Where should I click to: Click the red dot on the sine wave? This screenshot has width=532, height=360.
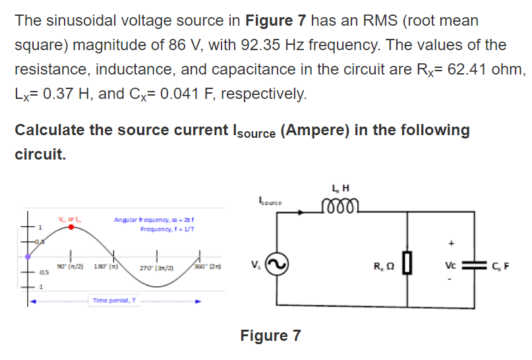pyautogui.click(x=72, y=226)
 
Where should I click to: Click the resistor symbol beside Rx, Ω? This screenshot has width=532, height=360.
pyautogui.click(x=407, y=268)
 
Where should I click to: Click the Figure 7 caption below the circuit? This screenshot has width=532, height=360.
pyautogui.click(x=270, y=336)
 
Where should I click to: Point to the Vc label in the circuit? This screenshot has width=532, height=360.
pyautogui.click(x=452, y=267)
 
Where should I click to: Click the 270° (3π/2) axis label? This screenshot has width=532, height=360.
pyautogui.click(x=157, y=269)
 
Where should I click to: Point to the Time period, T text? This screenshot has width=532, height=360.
pyautogui.click(x=115, y=300)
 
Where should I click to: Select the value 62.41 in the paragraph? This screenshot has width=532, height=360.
pyautogui.click(x=472, y=69)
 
